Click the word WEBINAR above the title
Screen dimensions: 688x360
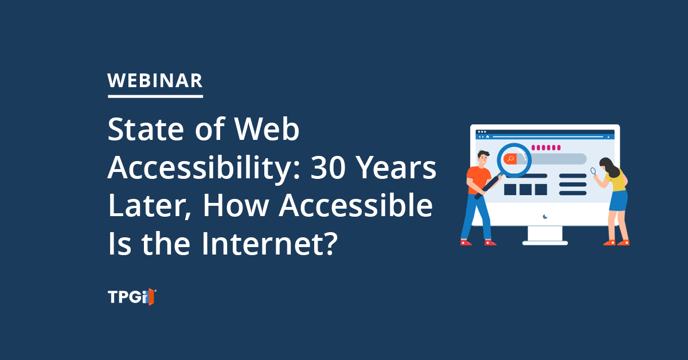[x=155, y=81]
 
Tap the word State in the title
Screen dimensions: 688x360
[x=146, y=130]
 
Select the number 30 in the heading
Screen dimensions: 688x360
[x=328, y=168]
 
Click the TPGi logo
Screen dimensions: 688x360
[x=132, y=297]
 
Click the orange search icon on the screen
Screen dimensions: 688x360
[x=510, y=159]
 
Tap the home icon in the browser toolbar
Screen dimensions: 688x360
[x=487, y=136]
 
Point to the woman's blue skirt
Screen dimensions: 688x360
[x=618, y=201]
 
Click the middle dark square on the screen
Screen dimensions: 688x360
[x=526, y=190]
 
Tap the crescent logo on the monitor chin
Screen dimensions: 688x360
[x=545, y=217]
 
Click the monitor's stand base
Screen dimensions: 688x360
[x=545, y=243]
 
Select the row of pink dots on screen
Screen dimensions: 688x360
[x=546, y=148]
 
